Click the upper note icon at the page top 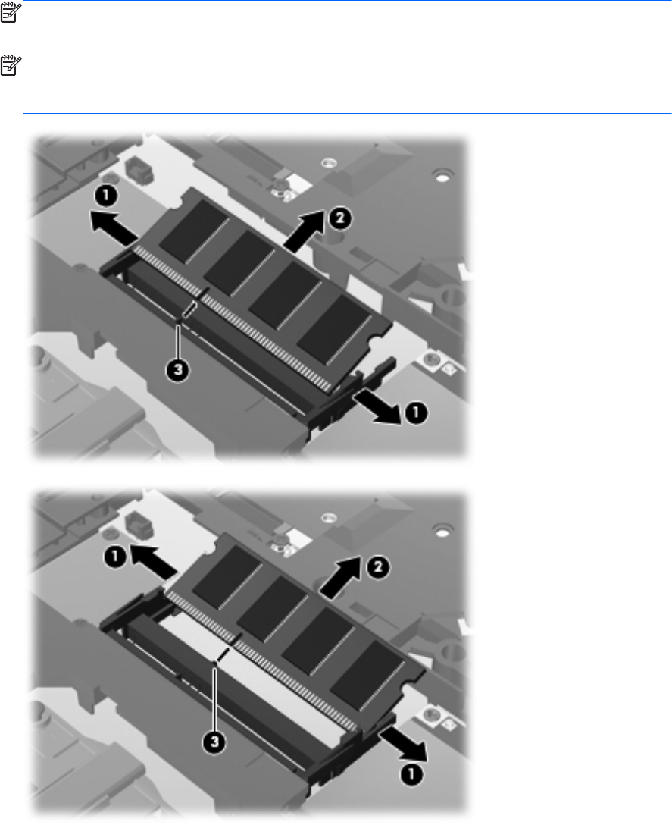(x=9, y=13)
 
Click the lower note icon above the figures (x=9, y=65)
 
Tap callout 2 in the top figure (x=341, y=218)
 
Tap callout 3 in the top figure (x=178, y=370)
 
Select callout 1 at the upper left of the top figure (x=106, y=196)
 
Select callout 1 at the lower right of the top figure (x=415, y=413)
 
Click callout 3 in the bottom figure (x=214, y=743)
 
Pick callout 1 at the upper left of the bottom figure (x=114, y=557)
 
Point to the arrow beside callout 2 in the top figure (x=305, y=229)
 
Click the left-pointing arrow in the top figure (x=115, y=227)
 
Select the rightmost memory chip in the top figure (x=334, y=328)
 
